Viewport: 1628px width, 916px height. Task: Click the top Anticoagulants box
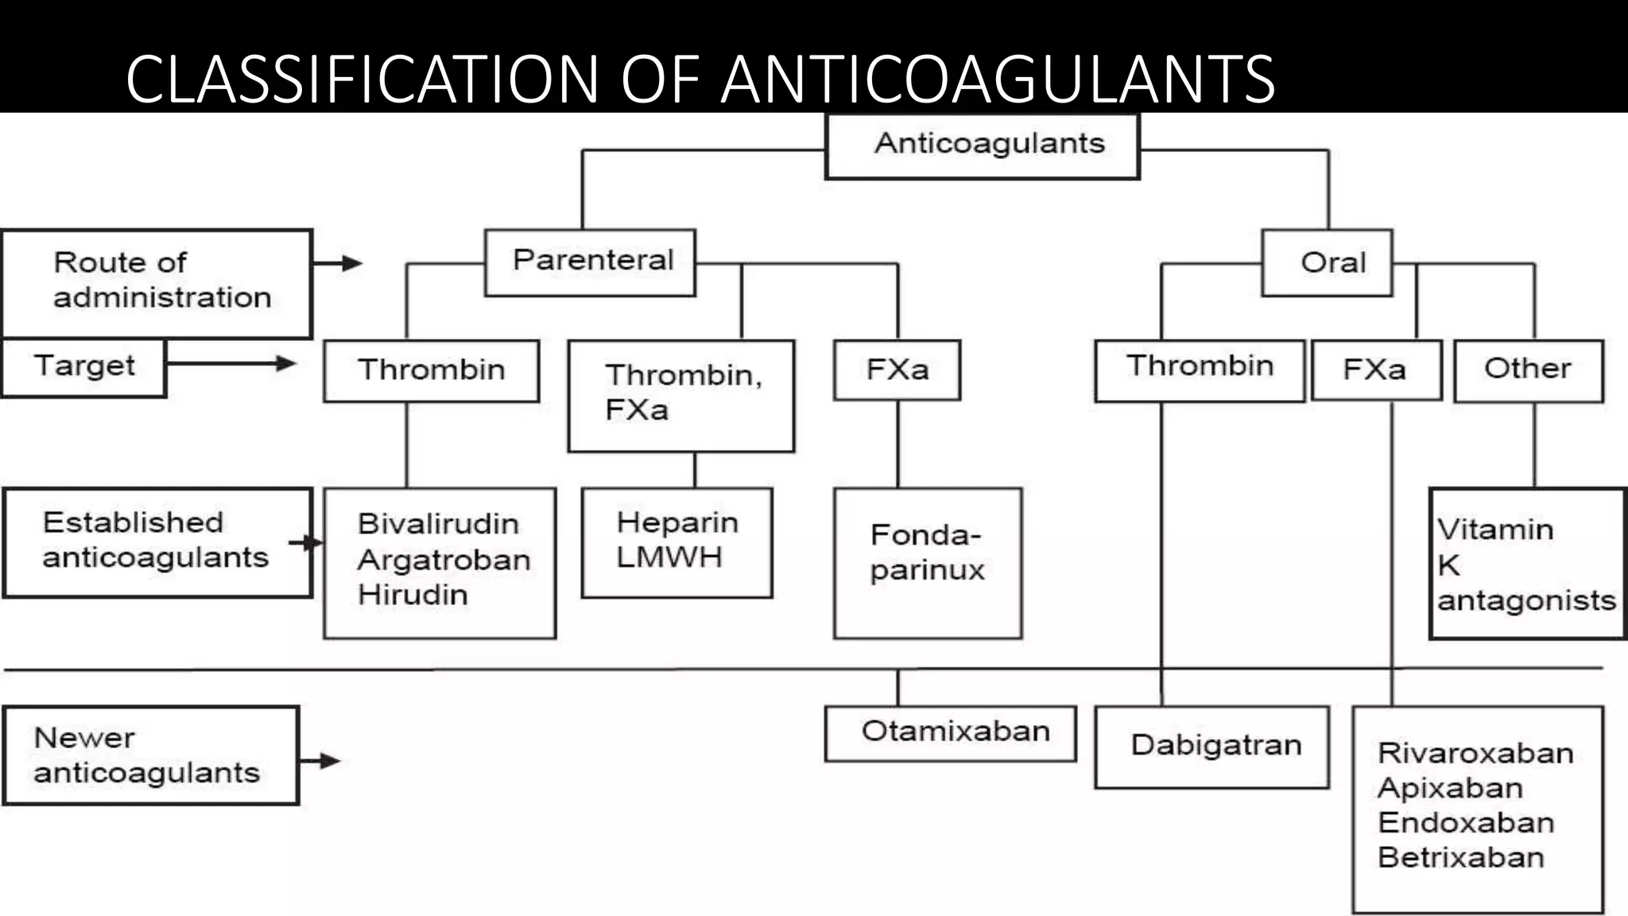[x=983, y=146]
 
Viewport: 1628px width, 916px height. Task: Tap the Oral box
[x=1327, y=263]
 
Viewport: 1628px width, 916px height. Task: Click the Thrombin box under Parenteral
[x=431, y=371]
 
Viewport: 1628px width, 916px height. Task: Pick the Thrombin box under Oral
[x=1199, y=370]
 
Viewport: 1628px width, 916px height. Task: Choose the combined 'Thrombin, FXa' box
[x=681, y=395]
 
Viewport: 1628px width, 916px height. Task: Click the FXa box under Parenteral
[x=897, y=370]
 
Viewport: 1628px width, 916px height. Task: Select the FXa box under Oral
[x=1376, y=370]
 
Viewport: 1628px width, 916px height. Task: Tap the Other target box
[x=1528, y=370]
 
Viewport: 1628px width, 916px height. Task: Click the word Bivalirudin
[x=438, y=524]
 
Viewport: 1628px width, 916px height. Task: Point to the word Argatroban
[x=444, y=560]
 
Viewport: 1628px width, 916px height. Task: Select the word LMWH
[x=669, y=557]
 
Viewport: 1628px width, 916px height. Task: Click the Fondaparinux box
[x=927, y=562]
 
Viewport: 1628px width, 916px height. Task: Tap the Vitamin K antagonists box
[x=1526, y=563]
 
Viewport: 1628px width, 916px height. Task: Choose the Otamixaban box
[x=950, y=733]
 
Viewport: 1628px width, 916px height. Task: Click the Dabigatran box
[x=1211, y=747]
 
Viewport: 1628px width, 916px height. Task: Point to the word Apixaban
[x=1450, y=788]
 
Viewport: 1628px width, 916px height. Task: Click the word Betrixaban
[x=1460, y=857]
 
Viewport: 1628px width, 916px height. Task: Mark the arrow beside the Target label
[x=231, y=363]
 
